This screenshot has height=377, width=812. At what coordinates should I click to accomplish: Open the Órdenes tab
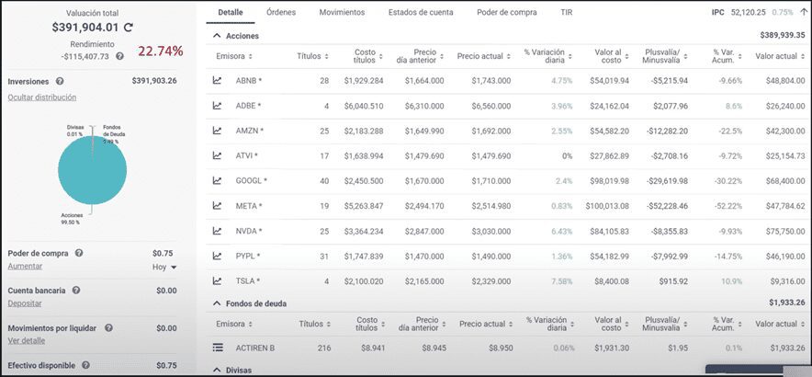[x=280, y=13]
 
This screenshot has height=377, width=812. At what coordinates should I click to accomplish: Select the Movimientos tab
[x=342, y=13]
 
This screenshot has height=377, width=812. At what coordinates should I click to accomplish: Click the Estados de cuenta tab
[x=421, y=13]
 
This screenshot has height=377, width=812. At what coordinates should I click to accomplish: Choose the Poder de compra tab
[x=508, y=13]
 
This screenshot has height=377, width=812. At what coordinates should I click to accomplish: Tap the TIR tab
[x=566, y=13]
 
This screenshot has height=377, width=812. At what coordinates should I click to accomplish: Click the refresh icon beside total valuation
[x=129, y=29]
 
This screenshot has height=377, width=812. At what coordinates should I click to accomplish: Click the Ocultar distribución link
[x=41, y=97]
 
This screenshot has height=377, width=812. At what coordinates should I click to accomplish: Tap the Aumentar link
[x=25, y=266]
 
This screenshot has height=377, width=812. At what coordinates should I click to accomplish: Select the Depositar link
[x=26, y=303]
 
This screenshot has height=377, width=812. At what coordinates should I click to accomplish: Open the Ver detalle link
[x=26, y=340]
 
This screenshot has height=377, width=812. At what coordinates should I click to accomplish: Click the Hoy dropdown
[x=164, y=267]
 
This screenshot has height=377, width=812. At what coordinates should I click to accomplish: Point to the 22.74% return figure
[x=161, y=51]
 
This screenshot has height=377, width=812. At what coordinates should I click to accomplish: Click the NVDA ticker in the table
[x=248, y=231]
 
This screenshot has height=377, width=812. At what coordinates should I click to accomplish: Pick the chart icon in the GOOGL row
[x=218, y=180]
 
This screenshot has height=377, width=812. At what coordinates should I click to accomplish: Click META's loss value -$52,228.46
[x=668, y=206]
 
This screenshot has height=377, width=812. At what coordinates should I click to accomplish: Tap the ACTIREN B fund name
[x=257, y=348]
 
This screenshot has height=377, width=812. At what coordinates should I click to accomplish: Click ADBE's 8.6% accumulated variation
[x=734, y=106]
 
